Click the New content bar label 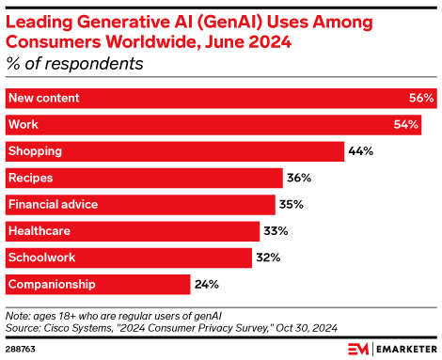tap(43, 98)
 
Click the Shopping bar tap(175, 150)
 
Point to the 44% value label tap(362, 150)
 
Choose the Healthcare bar tap(133, 230)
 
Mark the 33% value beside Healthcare tap(278, 230)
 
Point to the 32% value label tap(271, 257)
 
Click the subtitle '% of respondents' tap(75, 64)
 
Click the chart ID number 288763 tap(22, 349)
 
